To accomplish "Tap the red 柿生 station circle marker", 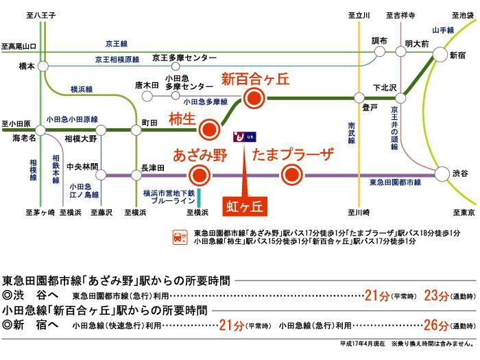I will click(211, 128).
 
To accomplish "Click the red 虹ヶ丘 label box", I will click(245, 204).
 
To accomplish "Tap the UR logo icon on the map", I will click(244, 136).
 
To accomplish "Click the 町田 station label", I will click(149, 121).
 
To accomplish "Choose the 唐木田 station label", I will click(147, 85).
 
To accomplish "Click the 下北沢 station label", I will click(385, 87).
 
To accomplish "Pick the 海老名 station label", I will click(24, 138).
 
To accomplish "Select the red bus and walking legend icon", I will click(179, 238).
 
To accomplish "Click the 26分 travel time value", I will click(436, 324).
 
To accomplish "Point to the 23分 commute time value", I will click(435, 295).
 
